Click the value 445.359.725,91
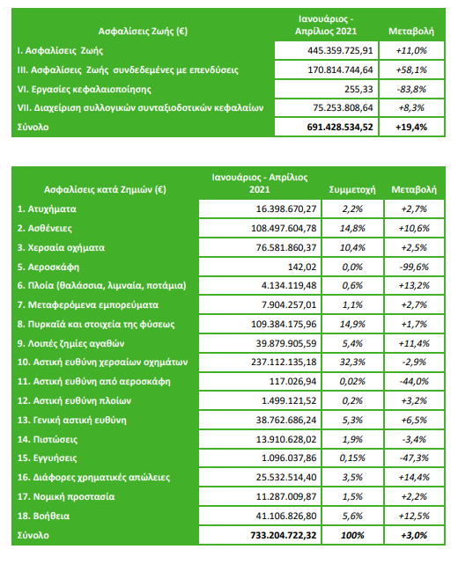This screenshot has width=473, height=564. [x=340, y=51]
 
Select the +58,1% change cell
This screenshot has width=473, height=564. [x=411, y=70]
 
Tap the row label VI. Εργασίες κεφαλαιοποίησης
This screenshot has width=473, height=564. [x=85, y=89]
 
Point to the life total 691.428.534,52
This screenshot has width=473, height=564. [x=340, y=127]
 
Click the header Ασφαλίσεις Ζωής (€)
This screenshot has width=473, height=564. [x=143, y=32]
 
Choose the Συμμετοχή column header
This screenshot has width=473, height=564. [x=352, y=189]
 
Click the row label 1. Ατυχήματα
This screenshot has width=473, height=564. [x=47, y=209]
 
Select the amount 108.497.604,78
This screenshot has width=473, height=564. [x=284, y=229]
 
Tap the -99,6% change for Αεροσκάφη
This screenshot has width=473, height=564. [x=414, y=267]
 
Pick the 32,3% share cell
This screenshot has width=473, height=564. [x=352, y=362]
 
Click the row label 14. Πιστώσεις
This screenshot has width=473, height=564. [x=48, y=439]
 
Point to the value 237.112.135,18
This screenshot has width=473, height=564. [x=284, y=362]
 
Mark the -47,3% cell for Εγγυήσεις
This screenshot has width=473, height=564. [x=414, y=458]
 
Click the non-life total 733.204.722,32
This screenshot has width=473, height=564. [x=284, y=535]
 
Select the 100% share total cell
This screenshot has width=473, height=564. [x=352, y=535]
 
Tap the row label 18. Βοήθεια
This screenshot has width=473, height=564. [x=43, y=516]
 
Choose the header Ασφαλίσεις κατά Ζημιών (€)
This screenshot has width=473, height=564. [x=105, y=189]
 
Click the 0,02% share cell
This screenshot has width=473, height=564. [x=352, y=381]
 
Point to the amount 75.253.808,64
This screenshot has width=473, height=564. [x=343, y=108]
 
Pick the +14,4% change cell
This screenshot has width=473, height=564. [x=414, y=477]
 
